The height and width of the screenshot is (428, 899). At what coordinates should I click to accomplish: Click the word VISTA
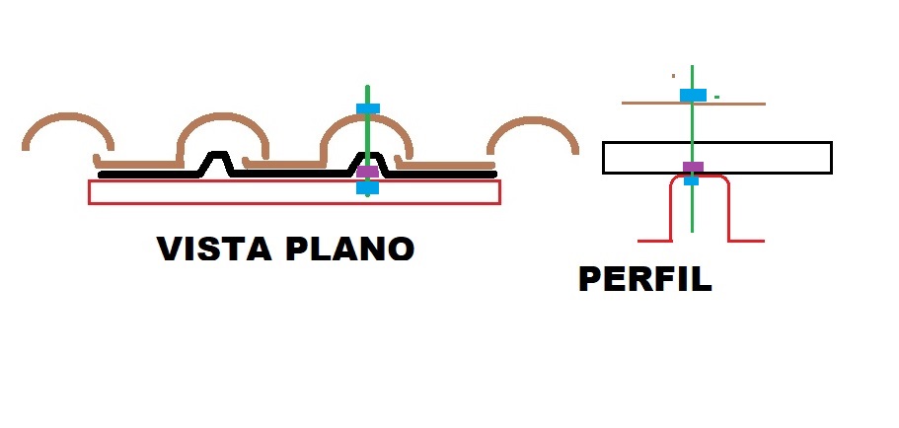click(x=214, y=249)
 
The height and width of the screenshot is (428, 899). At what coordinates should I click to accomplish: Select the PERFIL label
click(x=645, y=279)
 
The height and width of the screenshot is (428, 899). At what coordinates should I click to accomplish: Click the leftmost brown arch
click(x=68, y=115)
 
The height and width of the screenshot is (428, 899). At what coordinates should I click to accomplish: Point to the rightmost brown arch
click(x=533, y=119)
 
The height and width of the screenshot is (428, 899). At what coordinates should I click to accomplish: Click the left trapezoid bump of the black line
click(x=217, y=154)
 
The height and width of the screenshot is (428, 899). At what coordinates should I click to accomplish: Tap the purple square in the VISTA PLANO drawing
click(x=367, y=172)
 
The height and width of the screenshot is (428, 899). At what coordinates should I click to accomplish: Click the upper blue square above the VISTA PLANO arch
click(x=367, y=108)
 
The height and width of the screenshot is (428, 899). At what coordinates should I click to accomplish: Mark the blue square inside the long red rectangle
click(x=367, y=187)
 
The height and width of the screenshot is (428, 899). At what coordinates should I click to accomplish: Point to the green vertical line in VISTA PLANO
click(x=367, y=141)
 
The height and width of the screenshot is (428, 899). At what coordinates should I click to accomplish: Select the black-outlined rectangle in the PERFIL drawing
click(x=716, y=142)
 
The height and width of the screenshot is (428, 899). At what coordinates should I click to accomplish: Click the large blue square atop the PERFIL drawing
click(x=693, y=95)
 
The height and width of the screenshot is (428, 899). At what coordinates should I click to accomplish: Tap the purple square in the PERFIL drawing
click(x=693, y=168)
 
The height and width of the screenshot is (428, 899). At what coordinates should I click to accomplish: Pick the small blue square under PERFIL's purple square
click(x=692, y=180)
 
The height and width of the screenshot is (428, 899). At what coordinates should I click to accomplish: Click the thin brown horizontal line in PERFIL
click(x=694, y=104)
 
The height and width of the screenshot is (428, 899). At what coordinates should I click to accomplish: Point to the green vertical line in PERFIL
click(x=692, y=149)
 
